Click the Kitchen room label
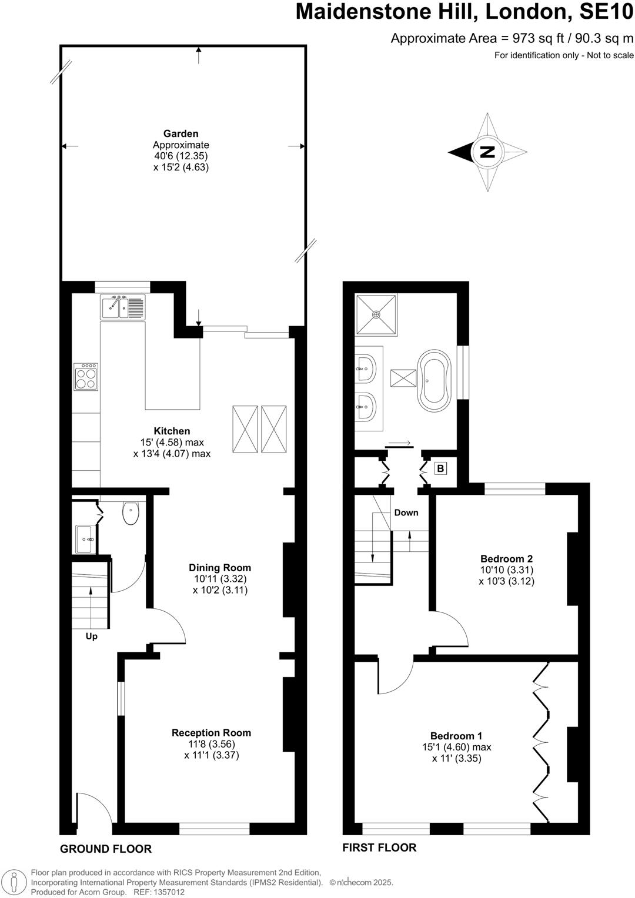click(172, 431)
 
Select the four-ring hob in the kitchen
click(86, 377)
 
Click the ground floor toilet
click(131, 512)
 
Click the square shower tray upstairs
click(376, 314)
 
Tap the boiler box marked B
click(440, 468)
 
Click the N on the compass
click(487, 152)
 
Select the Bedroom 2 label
click(506, 558)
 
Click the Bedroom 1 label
click(456, 736)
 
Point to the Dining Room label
click(220, 568)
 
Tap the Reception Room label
click(211, 733)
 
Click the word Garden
click(181, 133)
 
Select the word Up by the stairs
click(91, 636)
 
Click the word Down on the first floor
click(406, 512)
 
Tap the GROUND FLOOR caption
click(106, 849)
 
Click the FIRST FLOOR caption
click(379, 847)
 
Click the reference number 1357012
click(168, 892)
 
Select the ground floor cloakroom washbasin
click(85, 539)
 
